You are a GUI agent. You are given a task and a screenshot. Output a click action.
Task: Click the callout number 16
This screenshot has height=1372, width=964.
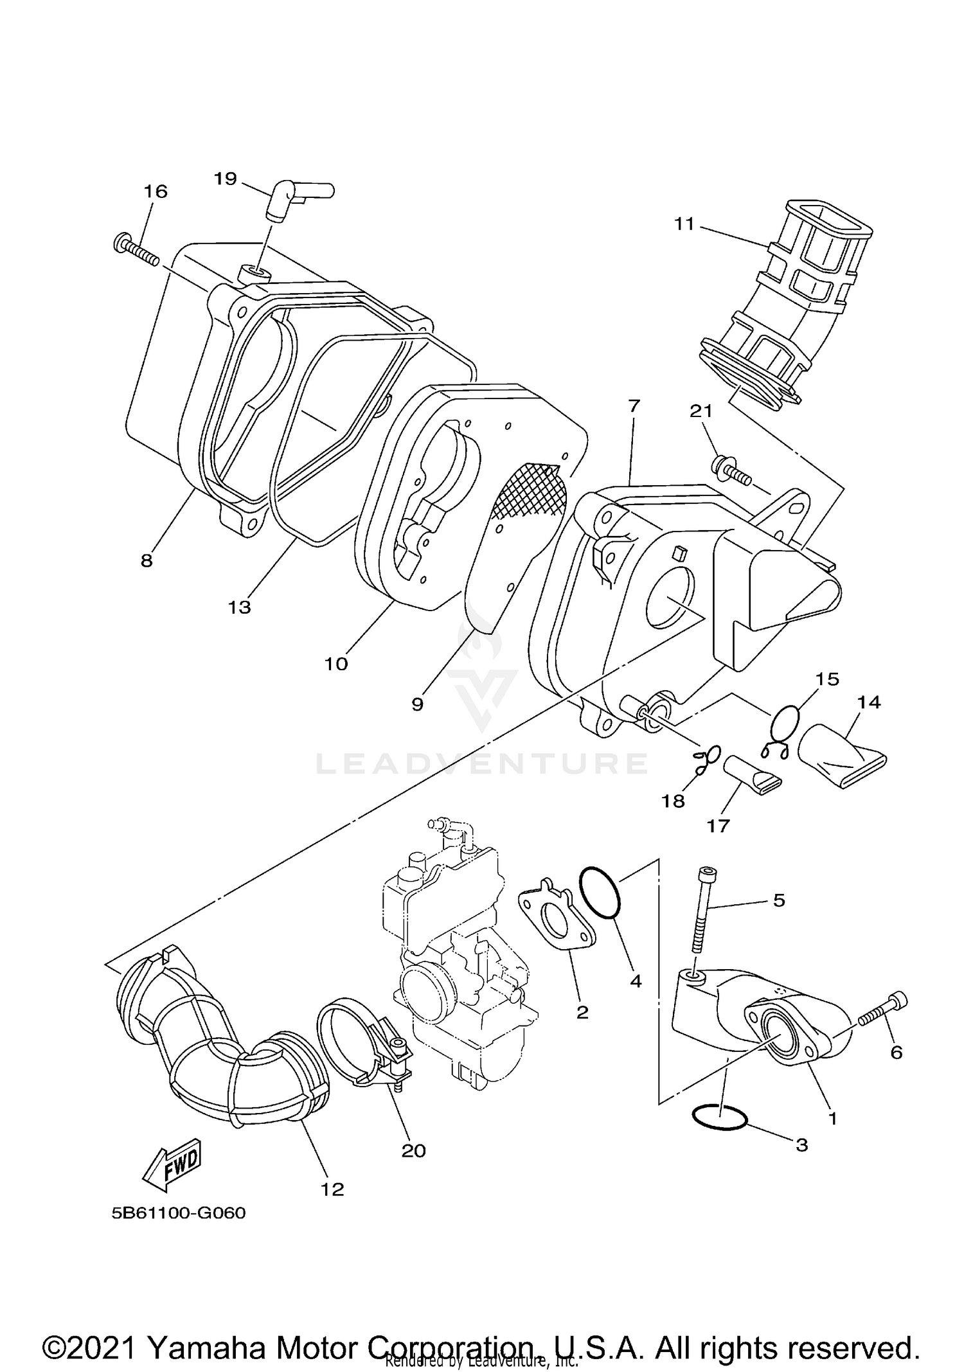point(156,191)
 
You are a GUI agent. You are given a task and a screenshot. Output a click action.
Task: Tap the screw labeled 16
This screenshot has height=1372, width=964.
point(137,250)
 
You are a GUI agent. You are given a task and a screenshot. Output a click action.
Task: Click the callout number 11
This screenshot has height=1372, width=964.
point(684,224)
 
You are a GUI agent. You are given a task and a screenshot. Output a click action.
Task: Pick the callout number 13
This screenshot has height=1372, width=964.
point(239,607)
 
